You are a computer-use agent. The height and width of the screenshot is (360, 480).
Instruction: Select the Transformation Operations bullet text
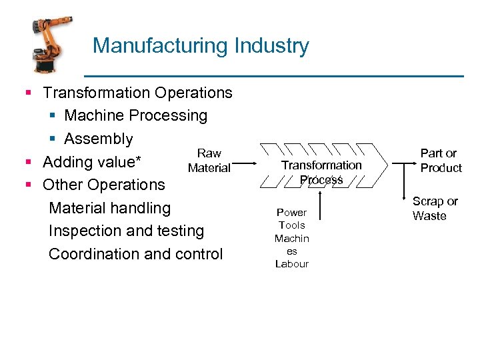pyautogui.click(x=137, y=93)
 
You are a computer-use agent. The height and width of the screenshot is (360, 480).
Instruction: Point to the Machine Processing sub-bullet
pyautogui.click(x=135, y=115)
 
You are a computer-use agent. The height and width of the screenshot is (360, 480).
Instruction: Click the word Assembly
pyautogui.click(x=99, y=139)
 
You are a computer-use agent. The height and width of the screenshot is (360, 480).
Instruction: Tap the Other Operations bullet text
pyautogui.click(x=103, y=185)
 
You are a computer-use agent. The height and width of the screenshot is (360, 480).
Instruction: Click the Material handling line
pyautogui.click(x=110, y=208)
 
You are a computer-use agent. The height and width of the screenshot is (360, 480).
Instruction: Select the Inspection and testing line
pyautogui.click(x=127, y=231)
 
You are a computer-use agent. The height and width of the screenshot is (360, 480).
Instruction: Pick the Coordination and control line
pyautogui.click(x=136, y=254)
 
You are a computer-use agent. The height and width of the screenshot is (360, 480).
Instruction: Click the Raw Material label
pyautogui.click(x=209, y=161)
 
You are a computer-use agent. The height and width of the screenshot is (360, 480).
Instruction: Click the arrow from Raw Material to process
pyautogui.click(x=246, y=163)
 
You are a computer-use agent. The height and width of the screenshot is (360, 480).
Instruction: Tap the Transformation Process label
pyautogui.click(x=321, y=171)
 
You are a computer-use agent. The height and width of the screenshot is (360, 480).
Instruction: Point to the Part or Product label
pyautogui.click(x=441, y=161)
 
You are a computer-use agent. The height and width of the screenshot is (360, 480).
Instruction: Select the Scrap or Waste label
pyautogui.click(x=435, y=208)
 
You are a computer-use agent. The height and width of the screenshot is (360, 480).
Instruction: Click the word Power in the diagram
pyautogui.click(x=291, y=213)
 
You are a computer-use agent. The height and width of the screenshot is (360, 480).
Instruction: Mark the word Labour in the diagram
pyautogui.click(x=291, y=264)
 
